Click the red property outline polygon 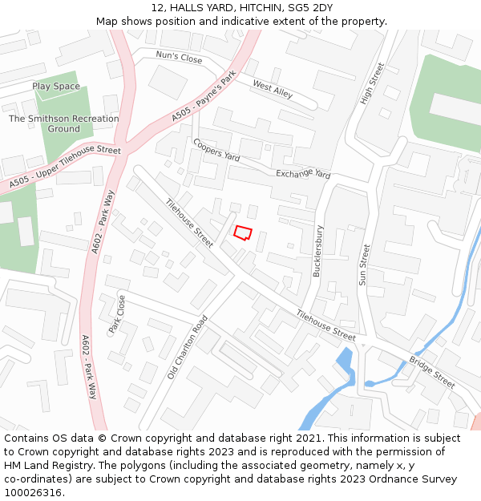(242, 232)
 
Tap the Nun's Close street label (179, 58)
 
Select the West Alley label (273, 89)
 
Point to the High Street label (367, 83)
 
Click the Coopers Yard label (216, 150)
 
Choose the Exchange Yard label (303, 174)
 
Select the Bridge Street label (431, 372)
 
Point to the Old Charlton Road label (188, 346)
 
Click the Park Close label (117, 314)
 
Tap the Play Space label (56, 87)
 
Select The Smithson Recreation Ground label (63, 123)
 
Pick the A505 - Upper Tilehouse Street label (65, 168)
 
